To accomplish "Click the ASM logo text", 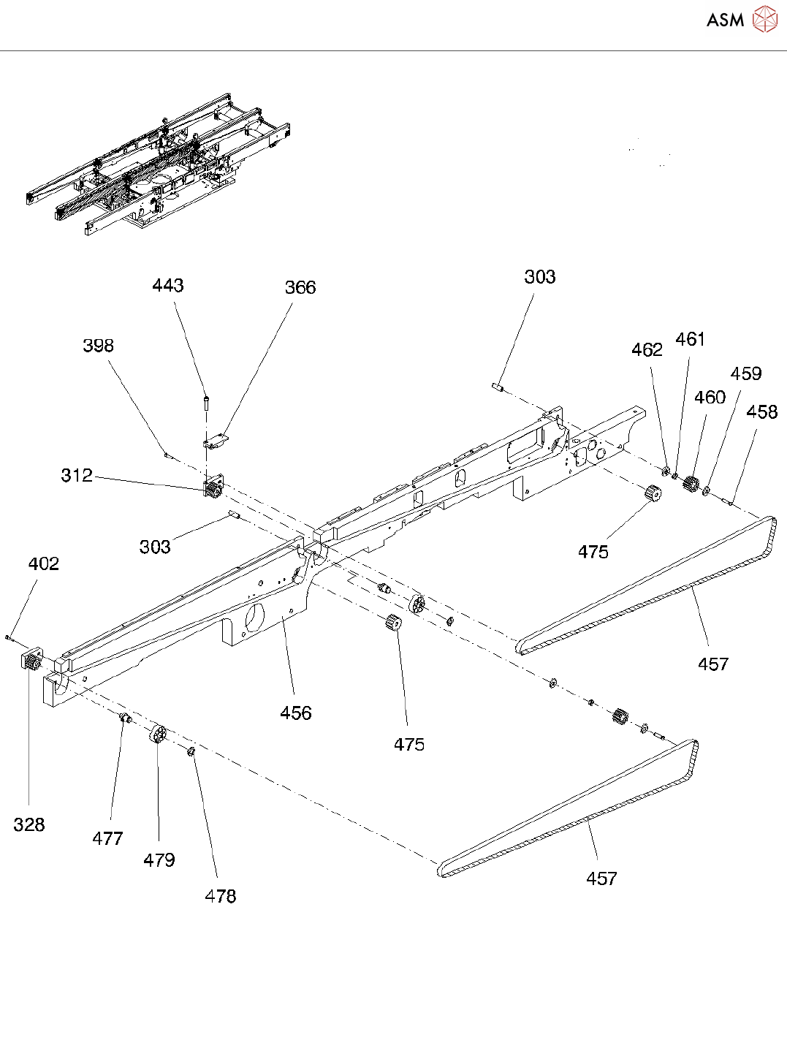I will coord(725,20).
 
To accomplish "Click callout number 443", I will coord(167,286).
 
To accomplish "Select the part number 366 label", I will coord(300,288).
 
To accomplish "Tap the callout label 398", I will coord(98,346).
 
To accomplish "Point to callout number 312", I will coord(77,476).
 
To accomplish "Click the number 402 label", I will coord(43,564).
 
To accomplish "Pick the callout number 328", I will coord(29,825).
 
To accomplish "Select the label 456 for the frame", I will coord(296,713).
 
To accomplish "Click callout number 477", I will coord(107,839).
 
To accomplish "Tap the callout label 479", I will coord(159,860).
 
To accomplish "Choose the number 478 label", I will coord(220,897).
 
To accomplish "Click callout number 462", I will coord(647,351).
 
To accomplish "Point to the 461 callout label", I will coord(690,340).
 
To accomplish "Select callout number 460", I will coord(710,398).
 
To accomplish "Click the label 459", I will coord(745,374).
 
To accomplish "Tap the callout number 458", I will coord(761,412).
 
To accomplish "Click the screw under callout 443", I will coord(207,401).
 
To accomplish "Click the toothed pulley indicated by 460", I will coord(691,483).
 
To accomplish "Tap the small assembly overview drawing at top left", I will coord(157,164).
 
